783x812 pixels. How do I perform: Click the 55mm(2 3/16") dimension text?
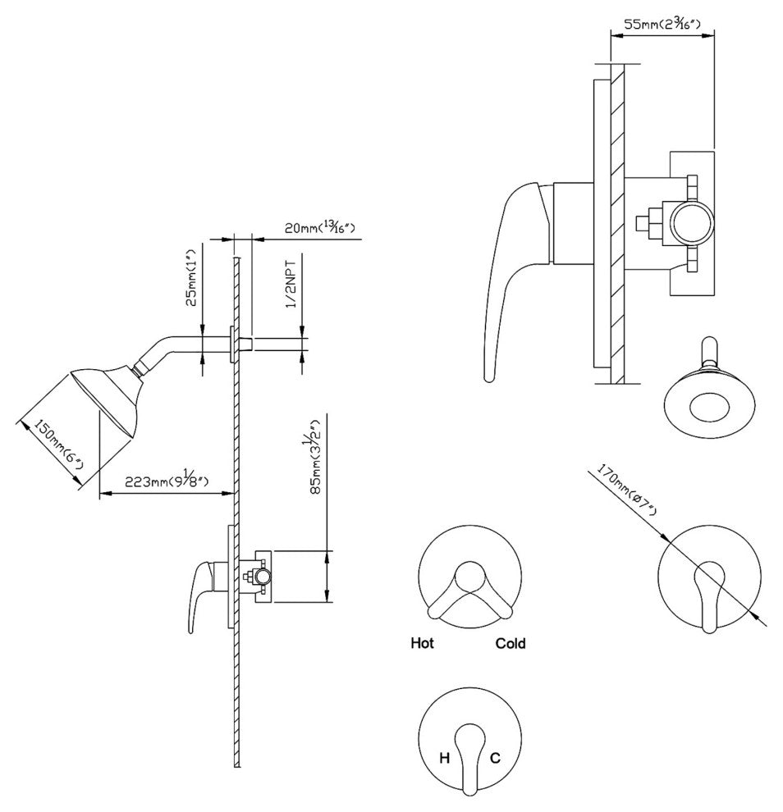663,24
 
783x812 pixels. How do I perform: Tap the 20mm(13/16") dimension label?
320,227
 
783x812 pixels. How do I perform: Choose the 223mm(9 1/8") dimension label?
167,481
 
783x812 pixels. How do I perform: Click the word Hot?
423,643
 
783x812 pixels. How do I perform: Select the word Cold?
511,643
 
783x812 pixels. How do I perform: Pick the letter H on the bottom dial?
444,758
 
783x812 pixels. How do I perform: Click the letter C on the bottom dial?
495,758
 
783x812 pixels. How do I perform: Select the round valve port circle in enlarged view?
693,222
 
